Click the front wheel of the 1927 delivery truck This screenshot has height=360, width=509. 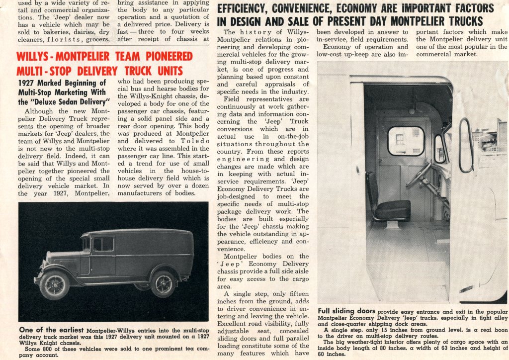[55, 285]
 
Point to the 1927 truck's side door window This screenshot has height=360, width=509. [103, 244]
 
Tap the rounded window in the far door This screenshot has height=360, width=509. [406, 141]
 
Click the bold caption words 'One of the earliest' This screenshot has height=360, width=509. [51, 329]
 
